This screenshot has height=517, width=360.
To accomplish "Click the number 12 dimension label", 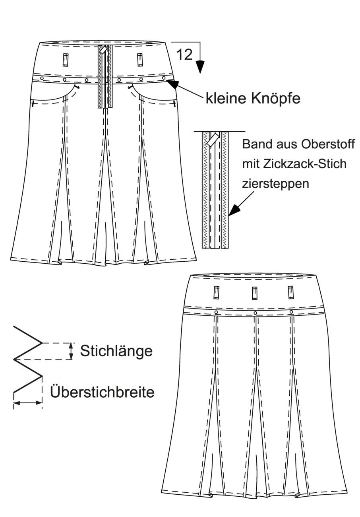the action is point(184,55).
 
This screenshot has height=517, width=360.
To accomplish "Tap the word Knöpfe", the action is point(275,99).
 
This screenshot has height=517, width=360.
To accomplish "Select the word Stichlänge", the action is point(116,351).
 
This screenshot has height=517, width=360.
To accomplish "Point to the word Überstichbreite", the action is point(102,392).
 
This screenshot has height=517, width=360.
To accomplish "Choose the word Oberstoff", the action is point(328,144).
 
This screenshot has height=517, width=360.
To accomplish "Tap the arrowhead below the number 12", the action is point(200,67).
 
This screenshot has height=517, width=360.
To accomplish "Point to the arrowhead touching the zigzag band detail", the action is point(234,210).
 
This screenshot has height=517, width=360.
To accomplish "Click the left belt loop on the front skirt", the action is point(66,60).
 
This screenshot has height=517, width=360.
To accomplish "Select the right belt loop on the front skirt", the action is point(140,60).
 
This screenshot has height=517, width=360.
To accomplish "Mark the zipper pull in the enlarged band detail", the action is point(213,139).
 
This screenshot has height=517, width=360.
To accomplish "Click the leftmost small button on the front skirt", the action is point(42,78).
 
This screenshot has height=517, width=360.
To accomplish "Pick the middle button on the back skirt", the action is point(255,313).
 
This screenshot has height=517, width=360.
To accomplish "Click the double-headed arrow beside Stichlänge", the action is point(71,351).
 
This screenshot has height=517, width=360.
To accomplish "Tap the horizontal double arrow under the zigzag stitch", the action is point(28,403).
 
